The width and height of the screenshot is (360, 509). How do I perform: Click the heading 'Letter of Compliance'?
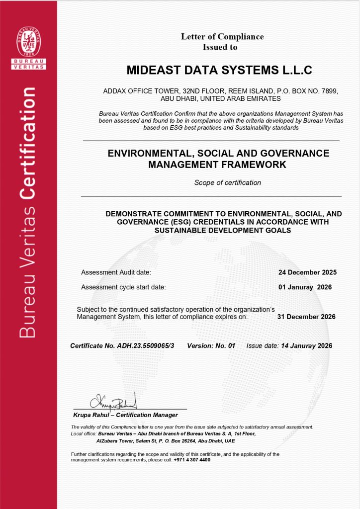[x=222, y=36]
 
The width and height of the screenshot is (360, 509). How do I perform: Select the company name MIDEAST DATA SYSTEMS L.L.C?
[x=219, y=70]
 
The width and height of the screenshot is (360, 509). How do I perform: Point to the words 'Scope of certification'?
[x=227, y=182]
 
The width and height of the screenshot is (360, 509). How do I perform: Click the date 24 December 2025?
[x=307, y=272]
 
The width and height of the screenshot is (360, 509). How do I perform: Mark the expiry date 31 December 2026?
[x=306, y=317]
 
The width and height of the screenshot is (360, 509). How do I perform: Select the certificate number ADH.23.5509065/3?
[x=147, y=345]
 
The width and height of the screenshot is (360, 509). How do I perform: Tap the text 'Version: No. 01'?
[x=211, y=345]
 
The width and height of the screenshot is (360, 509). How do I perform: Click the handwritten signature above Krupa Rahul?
[x=113, y=401]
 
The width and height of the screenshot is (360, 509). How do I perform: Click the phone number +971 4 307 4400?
[x=192, y=460]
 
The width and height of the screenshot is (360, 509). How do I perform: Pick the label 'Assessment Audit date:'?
[x=116, y=272]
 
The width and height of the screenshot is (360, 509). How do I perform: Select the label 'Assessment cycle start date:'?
[x=123, y=287]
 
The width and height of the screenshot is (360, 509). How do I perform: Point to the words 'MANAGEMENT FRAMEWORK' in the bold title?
[x=218, y=165]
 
